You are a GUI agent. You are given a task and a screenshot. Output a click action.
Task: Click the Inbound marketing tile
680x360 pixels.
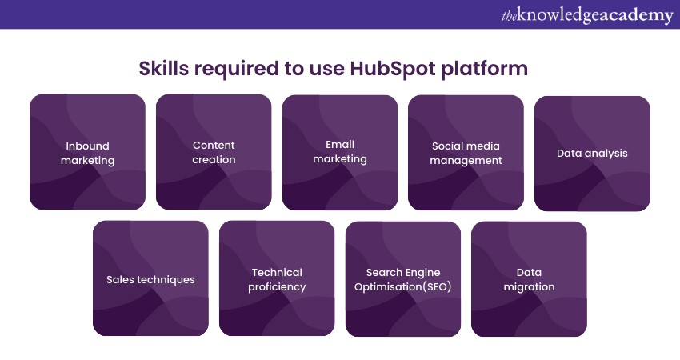point(87,152)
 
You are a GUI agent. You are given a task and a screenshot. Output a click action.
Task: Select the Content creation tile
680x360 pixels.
point(214,152)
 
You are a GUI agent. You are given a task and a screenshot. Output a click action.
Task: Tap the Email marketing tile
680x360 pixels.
point(340,152)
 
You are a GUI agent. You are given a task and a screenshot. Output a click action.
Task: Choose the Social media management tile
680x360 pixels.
point(466,152)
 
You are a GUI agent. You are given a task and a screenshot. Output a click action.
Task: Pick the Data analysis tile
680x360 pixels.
point(592,154)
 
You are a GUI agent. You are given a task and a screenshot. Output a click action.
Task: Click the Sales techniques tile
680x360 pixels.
point(150,278)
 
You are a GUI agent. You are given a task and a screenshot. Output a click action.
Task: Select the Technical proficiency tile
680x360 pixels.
point(277,278)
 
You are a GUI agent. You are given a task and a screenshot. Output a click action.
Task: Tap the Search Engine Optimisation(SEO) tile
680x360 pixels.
point(403,278)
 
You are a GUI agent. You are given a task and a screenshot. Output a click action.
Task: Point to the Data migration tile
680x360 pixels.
point(529,278)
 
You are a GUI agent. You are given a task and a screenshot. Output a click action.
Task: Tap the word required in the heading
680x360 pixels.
point(233,69)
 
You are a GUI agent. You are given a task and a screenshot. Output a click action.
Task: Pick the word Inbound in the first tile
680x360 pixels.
point(87,146)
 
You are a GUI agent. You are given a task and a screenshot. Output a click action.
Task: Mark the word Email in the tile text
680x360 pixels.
point(340,144)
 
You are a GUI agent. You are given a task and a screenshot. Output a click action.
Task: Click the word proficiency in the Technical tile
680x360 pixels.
point(277,287)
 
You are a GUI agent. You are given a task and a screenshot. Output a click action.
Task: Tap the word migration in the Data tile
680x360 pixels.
point(529,287)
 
